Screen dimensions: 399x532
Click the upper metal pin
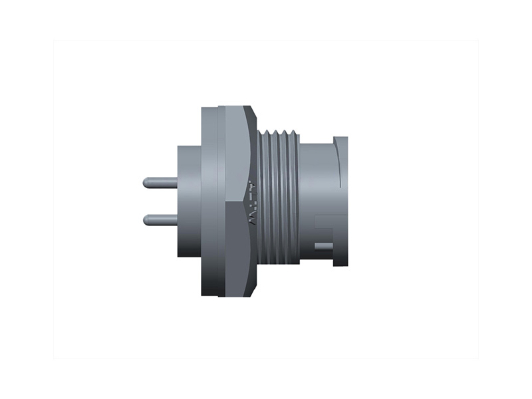[160, 181]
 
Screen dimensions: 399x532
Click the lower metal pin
[160, 218]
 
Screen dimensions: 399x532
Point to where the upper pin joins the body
[176, 181]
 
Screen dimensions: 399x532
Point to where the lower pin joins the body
[176, 218]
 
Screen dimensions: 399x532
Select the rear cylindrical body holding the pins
[188, 199]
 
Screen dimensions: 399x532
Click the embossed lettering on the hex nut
[252, 199]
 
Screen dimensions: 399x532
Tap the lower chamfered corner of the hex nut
[253, 286]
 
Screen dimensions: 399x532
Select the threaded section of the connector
[278, 199]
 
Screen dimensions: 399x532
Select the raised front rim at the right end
[340, 199]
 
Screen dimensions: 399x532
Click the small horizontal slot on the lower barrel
[325, 247]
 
